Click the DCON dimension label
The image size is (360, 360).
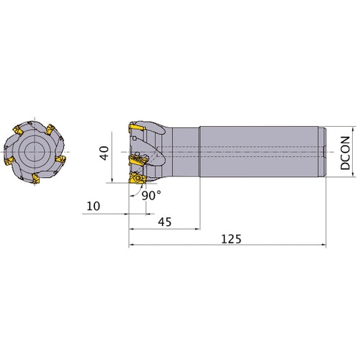[x=345, y=153]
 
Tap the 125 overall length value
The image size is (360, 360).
[x=231, y=239]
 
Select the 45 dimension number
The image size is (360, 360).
[x=165, y=222]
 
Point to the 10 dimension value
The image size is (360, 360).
[x=93, y=206]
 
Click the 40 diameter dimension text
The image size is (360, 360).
[x=104, y=153]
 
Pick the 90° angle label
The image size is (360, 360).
[x=151, y=196]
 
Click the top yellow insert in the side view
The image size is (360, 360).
[x=137, y=127]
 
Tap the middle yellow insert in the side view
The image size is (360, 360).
[x=138, y=160]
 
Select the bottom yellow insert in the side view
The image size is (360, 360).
[x=138, y=179]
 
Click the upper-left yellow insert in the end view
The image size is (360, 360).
[x=18, y=130]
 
